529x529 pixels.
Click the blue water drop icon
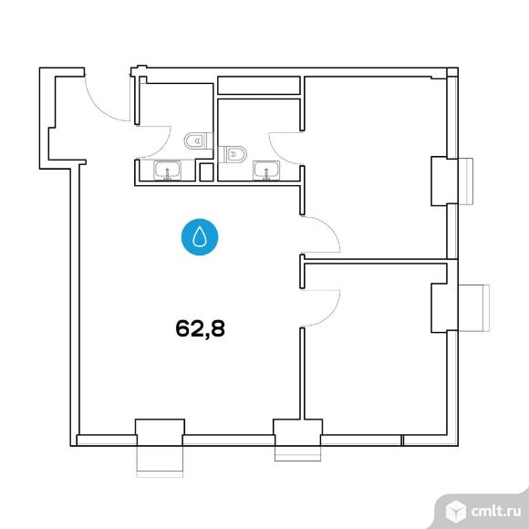[x=200, y=237]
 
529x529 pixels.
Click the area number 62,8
[x=200, y=328]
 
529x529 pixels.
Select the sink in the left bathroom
[x=167, y=171]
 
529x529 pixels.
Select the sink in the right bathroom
[x=266, y=171]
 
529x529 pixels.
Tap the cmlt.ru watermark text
[x=495, y=511]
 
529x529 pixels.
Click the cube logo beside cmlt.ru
[x=455, y=512]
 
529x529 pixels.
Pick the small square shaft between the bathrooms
[x=206, y=172]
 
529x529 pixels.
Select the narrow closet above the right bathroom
[x=259, y=86]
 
